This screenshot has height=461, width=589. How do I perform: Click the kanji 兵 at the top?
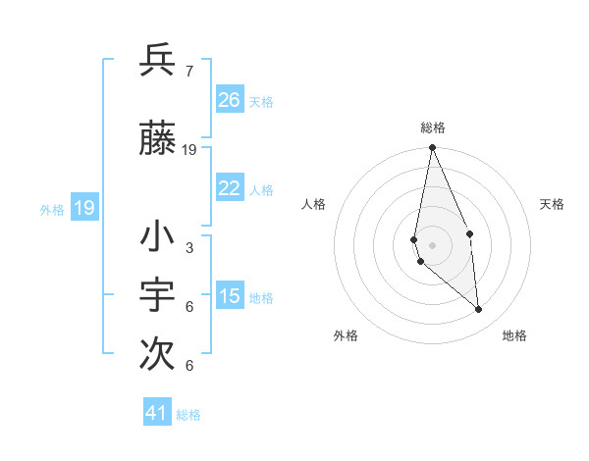point(157,61)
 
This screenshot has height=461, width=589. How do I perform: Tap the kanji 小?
point(157,238)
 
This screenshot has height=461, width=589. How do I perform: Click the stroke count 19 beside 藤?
point(189,150)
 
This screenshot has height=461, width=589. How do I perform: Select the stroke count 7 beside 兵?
point(188,71)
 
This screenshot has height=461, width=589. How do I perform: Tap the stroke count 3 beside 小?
point(188,248)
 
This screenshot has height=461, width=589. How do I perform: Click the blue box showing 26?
point(230,99)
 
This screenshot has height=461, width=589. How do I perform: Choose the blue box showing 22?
point(230,189)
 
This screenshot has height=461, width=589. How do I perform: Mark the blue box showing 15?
point(230,296)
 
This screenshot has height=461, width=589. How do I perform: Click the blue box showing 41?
point(157,413)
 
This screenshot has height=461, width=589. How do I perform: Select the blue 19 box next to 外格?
point(84,208)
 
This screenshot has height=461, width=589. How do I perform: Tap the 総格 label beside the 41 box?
point(188,415)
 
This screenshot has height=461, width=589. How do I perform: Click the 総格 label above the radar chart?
point(432,128)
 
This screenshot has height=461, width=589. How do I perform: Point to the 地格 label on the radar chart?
point(514,335)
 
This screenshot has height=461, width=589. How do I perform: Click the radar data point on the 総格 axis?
point(432,148)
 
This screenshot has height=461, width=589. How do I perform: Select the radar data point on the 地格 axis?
point(479,310)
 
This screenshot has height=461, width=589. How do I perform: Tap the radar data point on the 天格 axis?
point(469,233)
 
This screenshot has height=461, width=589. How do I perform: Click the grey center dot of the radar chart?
point(432,245)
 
